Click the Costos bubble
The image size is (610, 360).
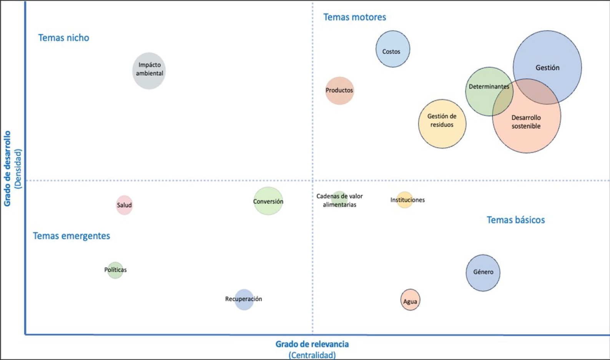click(393, 49)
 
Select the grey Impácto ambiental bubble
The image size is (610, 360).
click(149, 71)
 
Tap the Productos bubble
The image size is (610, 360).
click(339, 91)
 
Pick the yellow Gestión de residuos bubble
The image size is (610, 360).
click(442, 124)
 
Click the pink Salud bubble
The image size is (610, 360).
click(125, 205)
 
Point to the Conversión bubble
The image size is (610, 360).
click(268, 201)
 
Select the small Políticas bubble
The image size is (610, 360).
click(115, 270)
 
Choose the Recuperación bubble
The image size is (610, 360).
click(244, 300)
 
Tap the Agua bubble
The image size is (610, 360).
click(411, 300)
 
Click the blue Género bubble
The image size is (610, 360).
click(483, 273)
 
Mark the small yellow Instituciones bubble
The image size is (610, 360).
click(405, 200)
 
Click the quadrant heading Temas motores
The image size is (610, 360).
click(354, 17)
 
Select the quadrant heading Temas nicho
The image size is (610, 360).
click(64, 38)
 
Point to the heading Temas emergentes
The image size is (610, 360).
click(71, 236)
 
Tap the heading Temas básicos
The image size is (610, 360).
click(516, 220)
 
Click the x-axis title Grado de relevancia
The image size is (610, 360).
click(312, 344)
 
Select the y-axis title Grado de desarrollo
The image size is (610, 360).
click(7, 168)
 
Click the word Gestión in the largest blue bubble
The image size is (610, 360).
click(547, 68)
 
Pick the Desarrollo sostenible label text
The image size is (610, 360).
click(526, 122)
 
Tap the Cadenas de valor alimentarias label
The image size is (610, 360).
click(339, 200)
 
